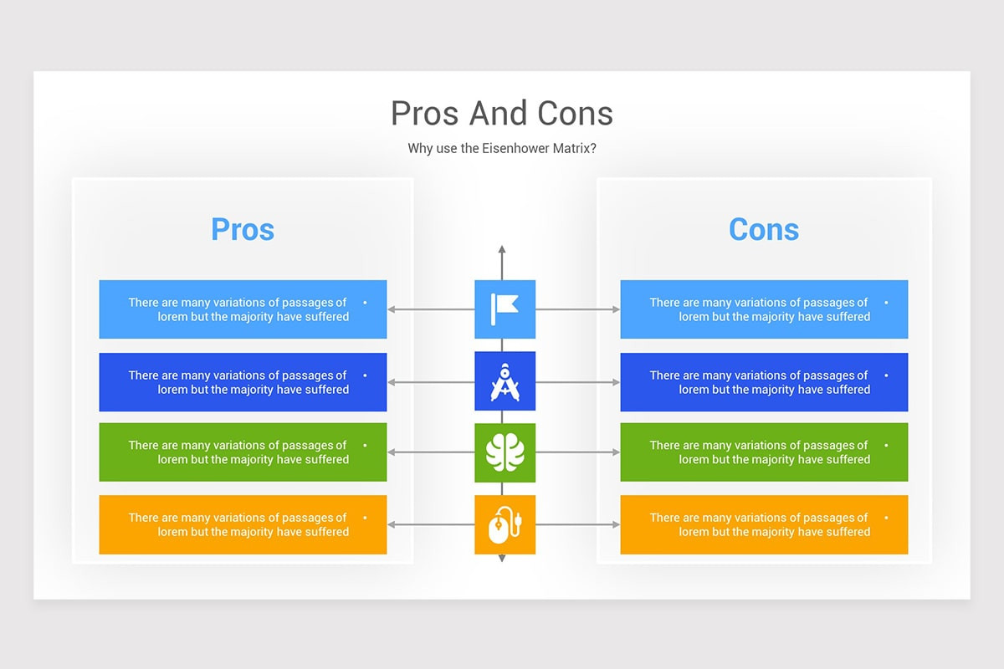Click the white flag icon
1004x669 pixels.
pos(505,309)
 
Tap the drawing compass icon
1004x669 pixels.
pos(505,382)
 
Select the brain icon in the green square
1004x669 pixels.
pos(505,452)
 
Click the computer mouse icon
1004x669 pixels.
pos(505,524)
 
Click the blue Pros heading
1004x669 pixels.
pos(243,229)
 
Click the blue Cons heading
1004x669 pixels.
pos(764,229)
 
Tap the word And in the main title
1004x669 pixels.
pos(498,114)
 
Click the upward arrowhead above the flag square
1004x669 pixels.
pos(502,249)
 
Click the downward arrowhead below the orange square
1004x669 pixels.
pos(502,559)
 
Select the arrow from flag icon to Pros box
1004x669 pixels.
pos(431,309)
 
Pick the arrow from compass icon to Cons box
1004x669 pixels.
pos(578,382)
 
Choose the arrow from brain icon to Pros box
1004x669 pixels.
pos(431,452)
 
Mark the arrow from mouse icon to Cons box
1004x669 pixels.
pos(578,524)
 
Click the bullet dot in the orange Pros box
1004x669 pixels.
pos(365,518)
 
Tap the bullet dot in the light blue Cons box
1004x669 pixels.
pos(886,303)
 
